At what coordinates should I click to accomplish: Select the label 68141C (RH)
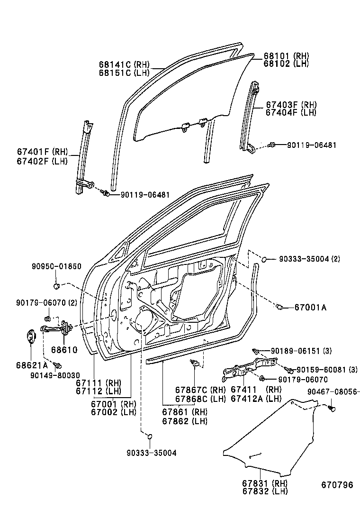[124, 64]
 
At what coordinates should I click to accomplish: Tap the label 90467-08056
[333, 391]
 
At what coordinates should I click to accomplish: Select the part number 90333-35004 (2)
[309, 259]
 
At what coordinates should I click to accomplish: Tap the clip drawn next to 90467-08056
[332, 407]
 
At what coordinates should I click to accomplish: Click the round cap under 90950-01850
[56, 286]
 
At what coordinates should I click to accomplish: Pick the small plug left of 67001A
[279, 308]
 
